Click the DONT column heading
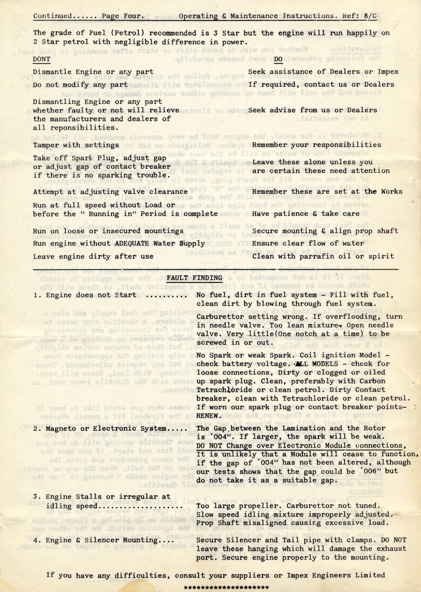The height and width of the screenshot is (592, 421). click(x=42, y=59)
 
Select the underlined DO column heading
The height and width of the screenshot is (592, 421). click(x=278, y=59)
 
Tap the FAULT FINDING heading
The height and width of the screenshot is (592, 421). click(x=194, y=278)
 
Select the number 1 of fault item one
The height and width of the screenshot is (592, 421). click(x=36, y=295)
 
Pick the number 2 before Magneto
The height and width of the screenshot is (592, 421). click(x=36, y=429)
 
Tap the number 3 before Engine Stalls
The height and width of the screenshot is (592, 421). click(x=36, y=497)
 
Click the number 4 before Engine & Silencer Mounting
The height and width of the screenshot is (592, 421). click(x=36, y=540)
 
